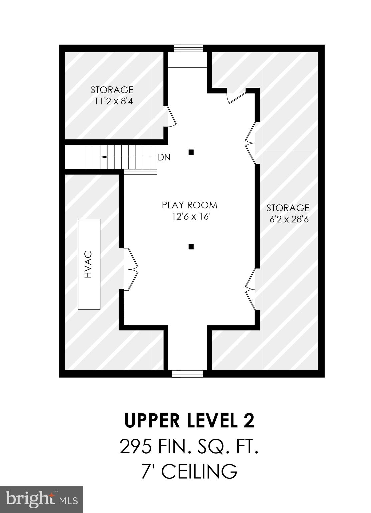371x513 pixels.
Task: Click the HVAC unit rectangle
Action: click(89, 264)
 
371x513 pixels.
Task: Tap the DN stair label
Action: click(164, 157)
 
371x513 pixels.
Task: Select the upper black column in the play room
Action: click(191, 152)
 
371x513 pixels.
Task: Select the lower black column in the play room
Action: click(191, 247)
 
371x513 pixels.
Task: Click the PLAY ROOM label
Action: click(190, 205)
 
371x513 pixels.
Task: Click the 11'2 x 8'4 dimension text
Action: click(113, 101)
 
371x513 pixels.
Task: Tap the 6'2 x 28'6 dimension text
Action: click(288, 219)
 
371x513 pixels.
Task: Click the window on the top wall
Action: click(188, 48)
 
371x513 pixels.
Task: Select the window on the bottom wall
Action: click(187, 374)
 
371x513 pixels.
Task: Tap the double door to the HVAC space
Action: click(130, 269)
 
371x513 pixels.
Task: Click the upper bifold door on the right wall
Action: click(251, 143)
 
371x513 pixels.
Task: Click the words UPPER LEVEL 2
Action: click(189, 421)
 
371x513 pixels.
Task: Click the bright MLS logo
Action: click(42, 499)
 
